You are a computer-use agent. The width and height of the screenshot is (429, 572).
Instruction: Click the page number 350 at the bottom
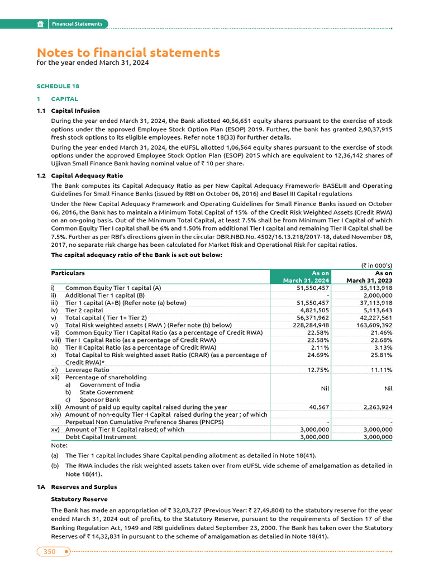click(50, 551)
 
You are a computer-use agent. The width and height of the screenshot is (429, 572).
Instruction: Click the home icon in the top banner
click(41, 24)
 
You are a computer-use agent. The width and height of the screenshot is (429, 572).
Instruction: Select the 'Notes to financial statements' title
click(128, 53)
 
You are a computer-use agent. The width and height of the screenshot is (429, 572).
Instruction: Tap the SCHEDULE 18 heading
click(58, 87)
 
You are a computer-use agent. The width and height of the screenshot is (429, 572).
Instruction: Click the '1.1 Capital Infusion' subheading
click(75, 111)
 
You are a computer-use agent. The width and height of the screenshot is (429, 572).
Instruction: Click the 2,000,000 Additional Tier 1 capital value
click(377, 295)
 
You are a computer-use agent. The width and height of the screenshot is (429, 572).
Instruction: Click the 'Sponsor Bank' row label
click(99, 399)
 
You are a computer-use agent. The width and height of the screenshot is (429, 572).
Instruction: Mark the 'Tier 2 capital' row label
click(84, 310)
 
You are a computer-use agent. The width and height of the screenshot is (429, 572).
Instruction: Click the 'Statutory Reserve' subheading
click(79, 499)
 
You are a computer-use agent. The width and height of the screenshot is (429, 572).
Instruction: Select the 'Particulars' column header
click(68, 273)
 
